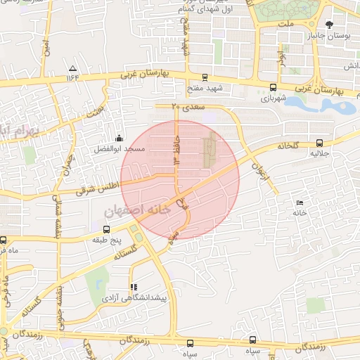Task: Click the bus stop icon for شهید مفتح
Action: click(x=205, y=78)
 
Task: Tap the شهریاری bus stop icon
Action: click(x=272, y=88)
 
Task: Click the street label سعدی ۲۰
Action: click(x=186, y=107)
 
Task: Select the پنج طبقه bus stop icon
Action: click(x=106, y=229)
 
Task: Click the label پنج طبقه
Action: click(x=107, y=240)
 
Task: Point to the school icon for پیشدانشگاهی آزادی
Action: click(x=134, y=287)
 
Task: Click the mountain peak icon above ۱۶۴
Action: click(x=73, y=68)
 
